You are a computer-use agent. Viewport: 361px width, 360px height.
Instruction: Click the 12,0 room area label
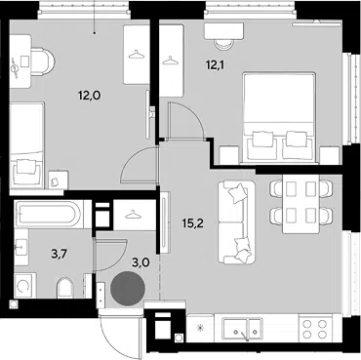click(x=89, y=96)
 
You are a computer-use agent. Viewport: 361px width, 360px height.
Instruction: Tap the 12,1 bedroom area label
click(x=216, y=65)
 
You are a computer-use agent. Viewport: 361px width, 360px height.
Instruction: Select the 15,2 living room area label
click(x=193, y=223)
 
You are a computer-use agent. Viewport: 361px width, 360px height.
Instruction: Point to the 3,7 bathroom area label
click(x=60, y=254)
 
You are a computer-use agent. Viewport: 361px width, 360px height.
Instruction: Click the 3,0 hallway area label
click(x=140, y=262)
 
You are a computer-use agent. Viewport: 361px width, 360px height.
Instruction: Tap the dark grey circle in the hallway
click(x=128, y=289)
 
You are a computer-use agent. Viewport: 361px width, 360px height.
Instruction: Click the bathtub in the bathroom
click(x=48, y=214)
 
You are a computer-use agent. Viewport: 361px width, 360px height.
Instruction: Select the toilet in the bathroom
click(x=65, y=288)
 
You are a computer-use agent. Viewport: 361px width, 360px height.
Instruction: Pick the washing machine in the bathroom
click(x=24, y=286)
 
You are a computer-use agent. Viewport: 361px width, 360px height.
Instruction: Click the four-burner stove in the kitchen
click(x=314, y=329)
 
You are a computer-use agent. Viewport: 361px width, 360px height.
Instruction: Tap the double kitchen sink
click(x=242, y=329)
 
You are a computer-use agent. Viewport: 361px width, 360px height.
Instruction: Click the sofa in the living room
click(x=236, y=222)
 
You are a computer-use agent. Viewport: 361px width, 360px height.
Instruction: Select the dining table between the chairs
click(x=301, y=204)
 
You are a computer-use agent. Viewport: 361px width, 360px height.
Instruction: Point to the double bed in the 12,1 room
click(x=279, y=117)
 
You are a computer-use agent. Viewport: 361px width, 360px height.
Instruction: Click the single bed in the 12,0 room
click(x=26, y=145)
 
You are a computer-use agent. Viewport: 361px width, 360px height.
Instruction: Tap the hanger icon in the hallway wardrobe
click(x=133, y=215)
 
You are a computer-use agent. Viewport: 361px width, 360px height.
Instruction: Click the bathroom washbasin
click(x=21, y=247)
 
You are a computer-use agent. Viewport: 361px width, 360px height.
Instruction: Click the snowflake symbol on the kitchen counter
click(x=200, y=328)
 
